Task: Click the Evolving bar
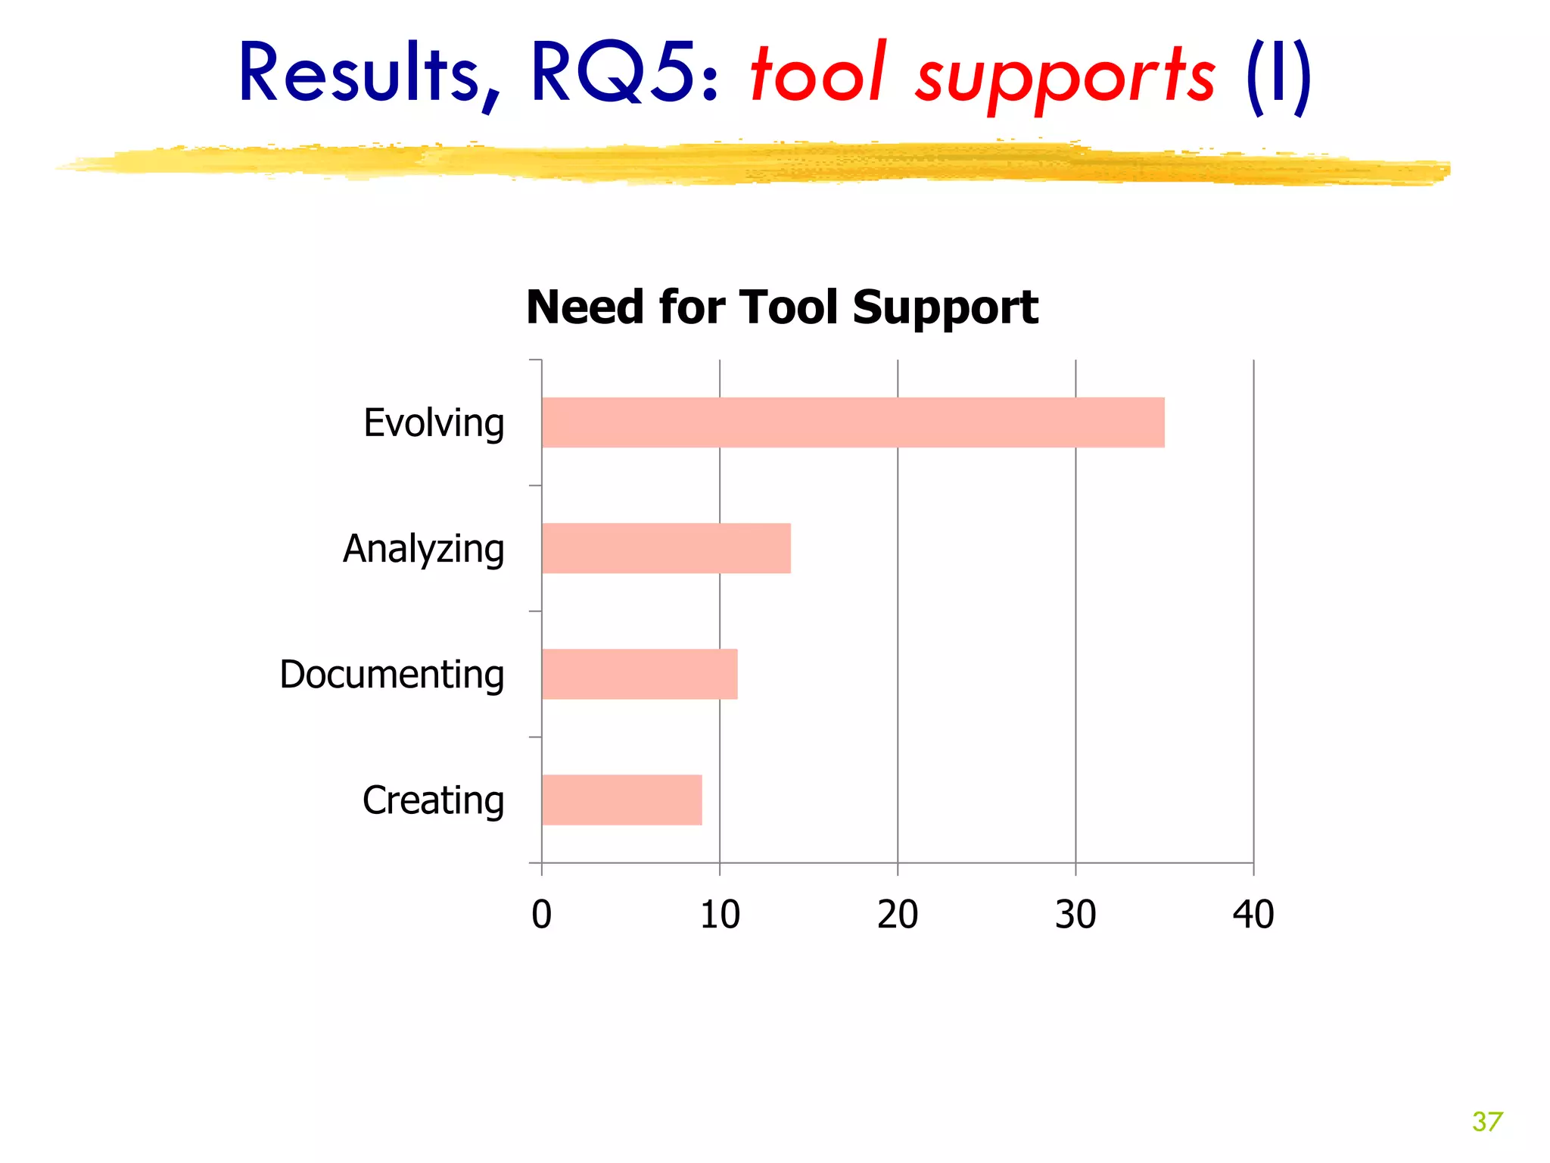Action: [x=853, y=422]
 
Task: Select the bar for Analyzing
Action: [x=666, y=548]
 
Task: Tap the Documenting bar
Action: [x=640, y=674]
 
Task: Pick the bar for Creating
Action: [x=621, y=800]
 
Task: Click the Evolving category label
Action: [x=434, y=423]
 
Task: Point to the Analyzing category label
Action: [x=423, y=549]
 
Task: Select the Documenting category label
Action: [x=391, y=675]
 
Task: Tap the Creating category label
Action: [x=433, y=800]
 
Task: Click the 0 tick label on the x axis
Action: [x=542, y=915]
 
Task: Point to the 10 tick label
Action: [x=720, y=915]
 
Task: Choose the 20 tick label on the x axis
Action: [x=898, y=915]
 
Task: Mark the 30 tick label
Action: [x=1075, y=915]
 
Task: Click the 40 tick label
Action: [x=1253, y=915]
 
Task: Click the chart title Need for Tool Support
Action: [x=782, y=307]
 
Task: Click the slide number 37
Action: [x=1487, y=1121]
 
